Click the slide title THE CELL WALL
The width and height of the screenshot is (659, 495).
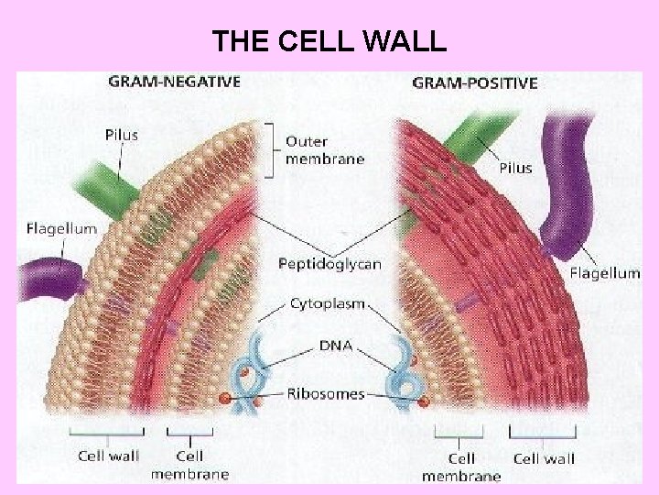click(x=329, y=41)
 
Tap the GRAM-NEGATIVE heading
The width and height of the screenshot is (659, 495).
click(x=175, y=81)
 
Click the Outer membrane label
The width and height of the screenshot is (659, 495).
click(x=324, y=150)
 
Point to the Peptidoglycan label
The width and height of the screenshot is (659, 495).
click(x=329, y=264)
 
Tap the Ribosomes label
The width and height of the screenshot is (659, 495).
click(x=325, y=394)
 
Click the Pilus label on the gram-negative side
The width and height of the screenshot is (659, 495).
click(x=121, y=135)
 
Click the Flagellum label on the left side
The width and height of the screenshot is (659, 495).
click(x=61, y=228)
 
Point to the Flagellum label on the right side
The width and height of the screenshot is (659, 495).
click(x=604, y=272)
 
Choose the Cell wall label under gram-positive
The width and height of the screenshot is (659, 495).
click(x=544, y=458)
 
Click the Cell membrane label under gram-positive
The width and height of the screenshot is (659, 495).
click(x=461, y=467)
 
